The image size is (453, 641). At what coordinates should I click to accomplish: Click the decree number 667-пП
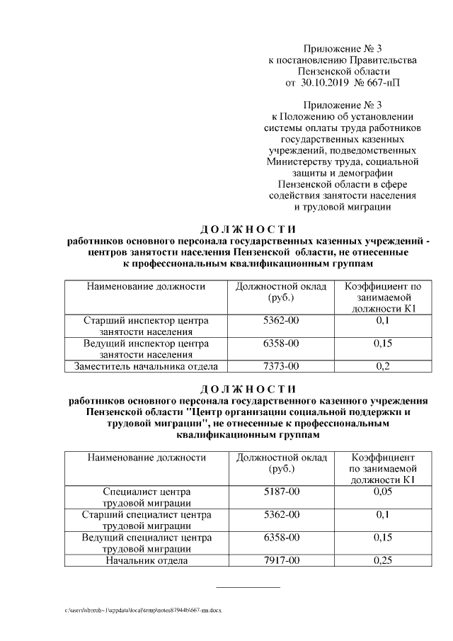click(379, 83)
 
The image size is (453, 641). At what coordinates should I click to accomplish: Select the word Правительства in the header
click(379, 60)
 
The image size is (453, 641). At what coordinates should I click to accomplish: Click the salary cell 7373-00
click(281, 365)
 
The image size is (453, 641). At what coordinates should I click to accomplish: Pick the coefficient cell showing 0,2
click(382, 365)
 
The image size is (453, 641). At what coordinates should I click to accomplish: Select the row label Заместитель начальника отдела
click(147, 365)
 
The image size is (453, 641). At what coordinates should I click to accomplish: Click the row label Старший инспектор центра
click(147, 321)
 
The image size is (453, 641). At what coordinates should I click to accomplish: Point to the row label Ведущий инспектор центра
click(147, 344)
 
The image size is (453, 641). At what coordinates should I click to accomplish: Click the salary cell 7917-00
click(281, 560)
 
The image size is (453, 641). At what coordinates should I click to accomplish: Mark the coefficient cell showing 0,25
click(382, 560)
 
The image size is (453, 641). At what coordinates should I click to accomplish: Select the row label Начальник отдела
click(147, 560)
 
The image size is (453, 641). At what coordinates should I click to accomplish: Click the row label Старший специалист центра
click(147, 514)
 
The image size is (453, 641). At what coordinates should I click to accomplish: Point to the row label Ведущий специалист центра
click(147, 538)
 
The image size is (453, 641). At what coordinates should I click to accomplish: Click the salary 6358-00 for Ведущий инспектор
click(281, 344)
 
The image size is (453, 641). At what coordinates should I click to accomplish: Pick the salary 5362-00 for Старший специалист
click(281, 514)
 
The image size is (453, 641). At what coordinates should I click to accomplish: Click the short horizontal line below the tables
click(247, 586)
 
